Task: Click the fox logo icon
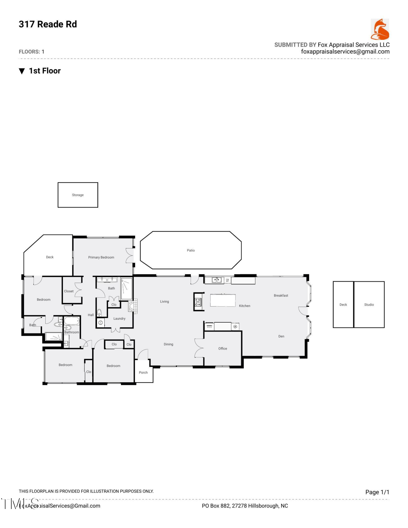pyautogui.click(x=379, y=29)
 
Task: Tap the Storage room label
pyautogui.click(x=78, y=195)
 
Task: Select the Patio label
pyautogui.click(x=191, y=250)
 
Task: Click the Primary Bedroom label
pyautogui.click(x=101, y=257)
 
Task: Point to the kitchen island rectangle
pyautogui.click(x=223, y=300)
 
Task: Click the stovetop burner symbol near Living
pyautogui.click(x=198, y=302)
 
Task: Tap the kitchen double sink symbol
pyautogui.click(x=217, y=280)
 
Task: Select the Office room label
pyautogui.click(x=223, y=348)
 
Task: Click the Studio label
pyautogui.click(x=369, y=304)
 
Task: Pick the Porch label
pyautogui.click(x=143, y=373)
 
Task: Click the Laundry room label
pyautogui.click(x=119, y=318)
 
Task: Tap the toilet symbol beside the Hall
pyautogui.click(x=99, y=313)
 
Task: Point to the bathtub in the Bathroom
pyautogui.click(x=72, y=321)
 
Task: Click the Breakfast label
pyautogui.click(x=281, y=295)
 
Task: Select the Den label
pyautogui.click(x=281, y=336)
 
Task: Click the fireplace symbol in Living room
pyautogui.click(x=133, y=306)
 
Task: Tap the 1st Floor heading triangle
pyautogui.click(x=22, y=71)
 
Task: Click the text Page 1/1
pyautogui.click(x=377, y=492)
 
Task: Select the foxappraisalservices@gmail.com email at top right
pyautogui.click(x=345, y=52)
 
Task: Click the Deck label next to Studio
pyautogui.click(x=343, y=304)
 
